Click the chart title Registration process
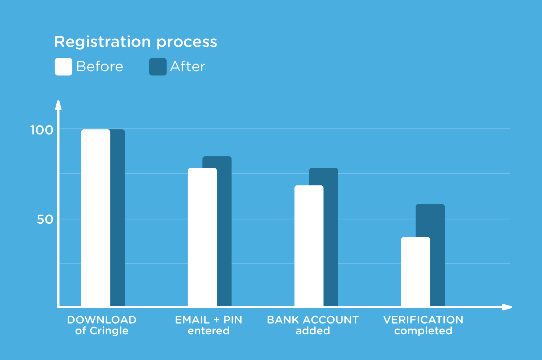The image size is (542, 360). click(x=136, y=42)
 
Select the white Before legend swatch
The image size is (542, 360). click(x=63, y=67)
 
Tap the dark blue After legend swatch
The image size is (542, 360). click(x=158, y=67)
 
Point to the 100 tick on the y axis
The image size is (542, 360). click(x=42, y=130)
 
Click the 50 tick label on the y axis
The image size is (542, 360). click(x=45, y=220)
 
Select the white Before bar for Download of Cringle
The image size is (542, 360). click(x=96, y=218)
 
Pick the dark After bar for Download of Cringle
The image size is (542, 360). click(x=117, y=218)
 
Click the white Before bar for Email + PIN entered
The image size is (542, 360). click(x=202, y=237)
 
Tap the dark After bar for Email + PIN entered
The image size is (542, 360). click(x=224, y=231)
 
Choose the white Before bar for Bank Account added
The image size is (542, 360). click(x=309, y=246)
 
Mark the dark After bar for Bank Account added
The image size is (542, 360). click(x=331, y=237)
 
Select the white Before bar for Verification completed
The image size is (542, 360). click(x=416, y=272)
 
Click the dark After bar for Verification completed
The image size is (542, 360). click(x=438, y=255)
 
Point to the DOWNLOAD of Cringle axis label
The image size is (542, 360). click(x=102, y=325)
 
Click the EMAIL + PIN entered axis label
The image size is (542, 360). click(x=208, y=325)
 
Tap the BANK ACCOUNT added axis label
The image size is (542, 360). click(x=313, y=325)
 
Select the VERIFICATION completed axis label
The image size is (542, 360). click(x=423, y=325)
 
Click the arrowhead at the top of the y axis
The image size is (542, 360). click(x=58, y=105)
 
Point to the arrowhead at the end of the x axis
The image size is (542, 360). click(x=507, y=307)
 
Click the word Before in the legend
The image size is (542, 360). click(x=100, y=67)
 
